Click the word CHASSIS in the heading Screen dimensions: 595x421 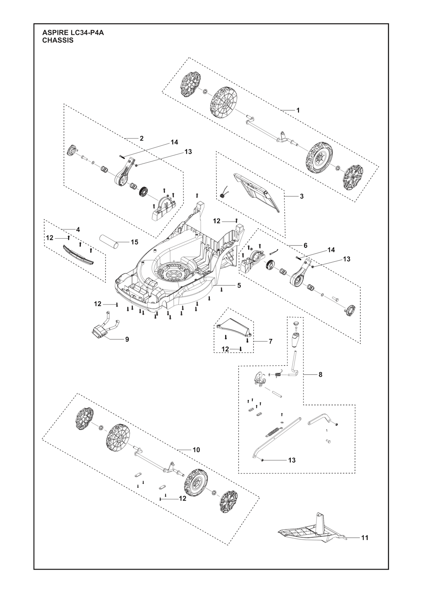(58, 41)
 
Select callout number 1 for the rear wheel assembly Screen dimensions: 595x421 (298, 111)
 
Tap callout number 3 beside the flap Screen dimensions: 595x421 (301, 196)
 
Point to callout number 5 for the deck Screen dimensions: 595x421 (239, 285)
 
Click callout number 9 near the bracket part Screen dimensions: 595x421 (127, 339)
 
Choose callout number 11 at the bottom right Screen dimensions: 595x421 (364, 537)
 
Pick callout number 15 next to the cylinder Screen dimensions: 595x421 (134, 242)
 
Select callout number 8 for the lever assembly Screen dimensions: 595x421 (320, 374)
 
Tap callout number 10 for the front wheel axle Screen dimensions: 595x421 (196, 450)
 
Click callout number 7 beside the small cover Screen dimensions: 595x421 (270, 341)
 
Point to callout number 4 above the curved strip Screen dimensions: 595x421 (78, 229)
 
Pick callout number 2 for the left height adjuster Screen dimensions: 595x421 (141, 138)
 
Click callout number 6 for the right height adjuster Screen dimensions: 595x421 (305, 245)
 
